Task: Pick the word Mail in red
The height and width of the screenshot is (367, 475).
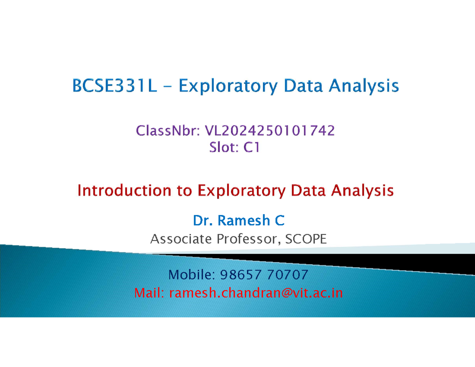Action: (x=149, y=293)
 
